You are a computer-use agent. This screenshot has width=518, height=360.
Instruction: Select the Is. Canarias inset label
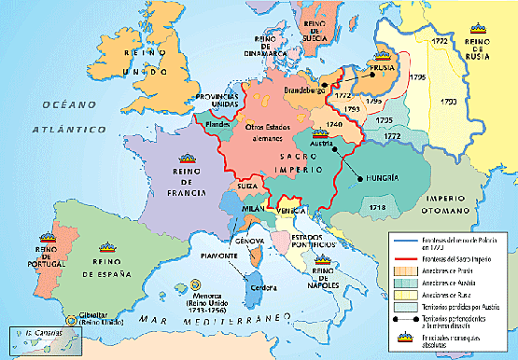tap(36, 333)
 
